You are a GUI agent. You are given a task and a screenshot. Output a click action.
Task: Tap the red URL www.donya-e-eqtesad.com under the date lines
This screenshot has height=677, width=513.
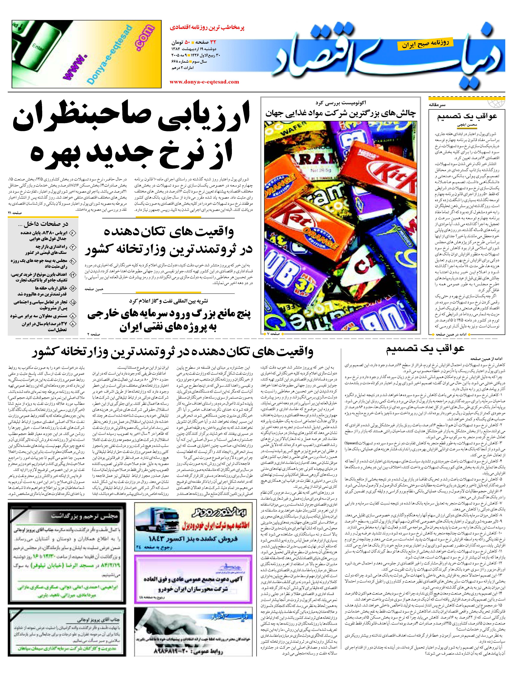click(204, 82)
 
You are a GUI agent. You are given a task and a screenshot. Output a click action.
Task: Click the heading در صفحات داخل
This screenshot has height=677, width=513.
click(43, 224)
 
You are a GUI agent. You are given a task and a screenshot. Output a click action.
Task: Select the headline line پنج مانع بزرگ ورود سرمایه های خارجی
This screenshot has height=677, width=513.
click(169, 314)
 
